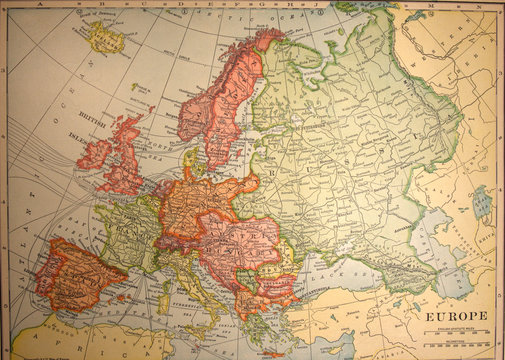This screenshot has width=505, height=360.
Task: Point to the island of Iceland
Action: [x=105, y=39]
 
